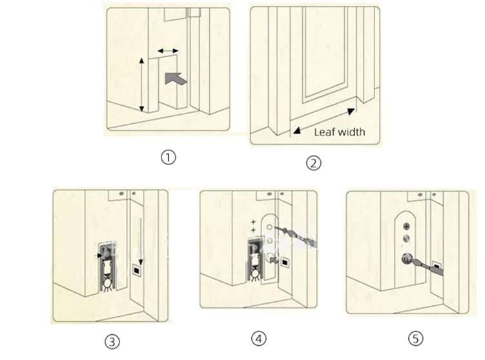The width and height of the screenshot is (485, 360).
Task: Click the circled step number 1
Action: point(169,157)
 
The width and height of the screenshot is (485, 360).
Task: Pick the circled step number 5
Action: point(413,339)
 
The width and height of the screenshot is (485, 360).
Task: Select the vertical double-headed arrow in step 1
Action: point(142,83)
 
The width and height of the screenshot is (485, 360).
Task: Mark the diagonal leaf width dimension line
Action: point(323,121)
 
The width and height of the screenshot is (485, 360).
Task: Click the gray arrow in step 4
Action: point(280,261)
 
